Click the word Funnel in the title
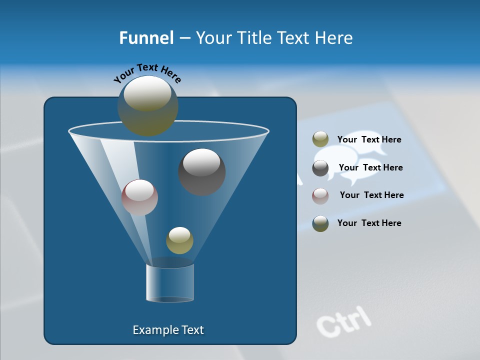pyautogui.click(x=146, y=38)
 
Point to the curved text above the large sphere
pyautogui.click(x=147, y=73)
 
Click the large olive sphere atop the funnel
pyautogui.click(x=147, y=106)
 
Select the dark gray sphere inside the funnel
pyautogui.click(x=202, y=172)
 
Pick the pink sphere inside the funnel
pyautogui.click(x=139, y=197)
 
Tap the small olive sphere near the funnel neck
pyautogui.click(x=179, y=240)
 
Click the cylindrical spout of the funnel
pyautogui.click(x=170, y=283)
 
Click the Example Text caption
pyautogui.click(x=168, y=330)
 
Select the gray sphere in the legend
pyautogui.click(x=320, y=168)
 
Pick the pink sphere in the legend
pyautogui.click(x=320, y=196)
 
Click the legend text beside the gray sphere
pyautogui.click(x=370, y=167)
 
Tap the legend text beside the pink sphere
pyautogui.click(x=371, y=195)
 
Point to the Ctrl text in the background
pyautogui.click(x=344, y=320)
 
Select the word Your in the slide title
pyautogui.click(x=213, y=38)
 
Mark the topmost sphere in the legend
pyautogui.click(x=320, y=139)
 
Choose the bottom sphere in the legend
pyautogui.click(x=320, y=223)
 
